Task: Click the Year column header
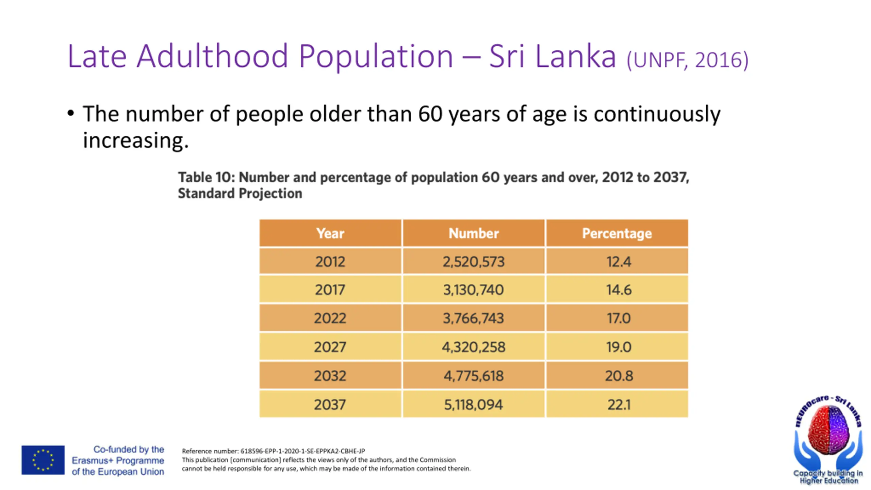click(330, 233)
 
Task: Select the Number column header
click(474, 233)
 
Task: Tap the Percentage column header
click(617, 233)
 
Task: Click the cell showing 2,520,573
click(474, 261)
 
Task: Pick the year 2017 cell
click(330, 290)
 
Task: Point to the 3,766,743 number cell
click(474, 318)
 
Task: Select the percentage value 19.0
click(617, 347)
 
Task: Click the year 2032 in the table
click(330, 376)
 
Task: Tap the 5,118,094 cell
click(474, 405)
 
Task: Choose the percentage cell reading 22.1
click(617, 405)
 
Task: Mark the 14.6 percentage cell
click(617, 290)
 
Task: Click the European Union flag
click(43, 460)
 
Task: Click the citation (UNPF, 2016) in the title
click(687, 60)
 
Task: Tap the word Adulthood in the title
click(212, 56)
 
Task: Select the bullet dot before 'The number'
click(70, 113)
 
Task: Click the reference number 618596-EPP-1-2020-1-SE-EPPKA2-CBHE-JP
click(302, 451)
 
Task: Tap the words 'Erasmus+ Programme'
click(118, 460)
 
